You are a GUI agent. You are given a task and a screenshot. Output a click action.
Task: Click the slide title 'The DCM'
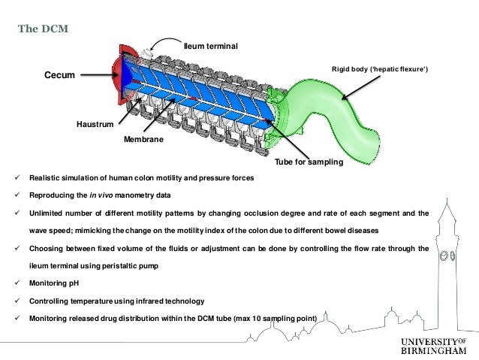tap(43, 29)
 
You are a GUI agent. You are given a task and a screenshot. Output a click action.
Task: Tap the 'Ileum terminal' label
tap(211, 47)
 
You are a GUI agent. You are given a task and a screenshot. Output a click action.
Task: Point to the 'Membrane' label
tap(145, 140)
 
